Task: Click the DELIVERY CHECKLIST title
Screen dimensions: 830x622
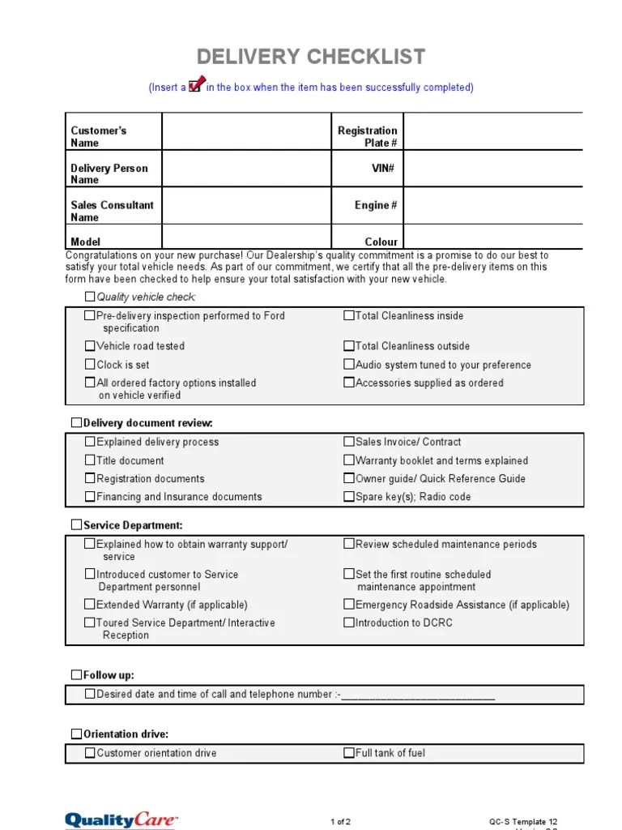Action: [311, 57]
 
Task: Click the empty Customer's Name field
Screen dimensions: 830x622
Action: [247, 131]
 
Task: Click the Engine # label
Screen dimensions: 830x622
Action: [375, 205]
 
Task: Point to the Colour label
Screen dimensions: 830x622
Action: [381, 242]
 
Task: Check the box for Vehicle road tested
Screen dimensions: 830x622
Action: [90, 346]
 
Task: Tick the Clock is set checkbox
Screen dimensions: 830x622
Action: [90, 365]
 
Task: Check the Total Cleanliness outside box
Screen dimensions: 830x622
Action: [349, 346]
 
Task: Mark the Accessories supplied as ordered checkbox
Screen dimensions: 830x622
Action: [349, 383]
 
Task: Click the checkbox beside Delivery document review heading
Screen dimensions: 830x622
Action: [77, 423]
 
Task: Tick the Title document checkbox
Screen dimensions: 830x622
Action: [90, 460]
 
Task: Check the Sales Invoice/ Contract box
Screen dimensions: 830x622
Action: [349, 442]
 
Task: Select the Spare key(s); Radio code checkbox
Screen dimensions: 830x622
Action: [349, 497]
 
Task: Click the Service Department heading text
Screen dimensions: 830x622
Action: [133, 525]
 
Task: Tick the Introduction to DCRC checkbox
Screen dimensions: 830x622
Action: [349, 622]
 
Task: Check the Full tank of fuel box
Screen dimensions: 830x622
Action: [349, 753]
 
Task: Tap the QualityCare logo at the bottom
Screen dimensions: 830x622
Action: [121, 820]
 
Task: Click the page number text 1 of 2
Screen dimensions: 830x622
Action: [341, 821]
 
